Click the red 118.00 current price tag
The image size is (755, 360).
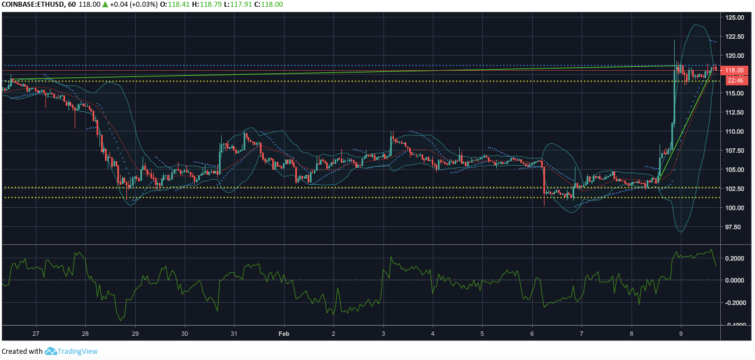(734, 70)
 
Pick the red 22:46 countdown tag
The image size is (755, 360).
(735, 80)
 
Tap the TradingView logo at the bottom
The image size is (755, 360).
(71, 351)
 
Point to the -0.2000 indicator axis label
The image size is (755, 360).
(733, 303)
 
